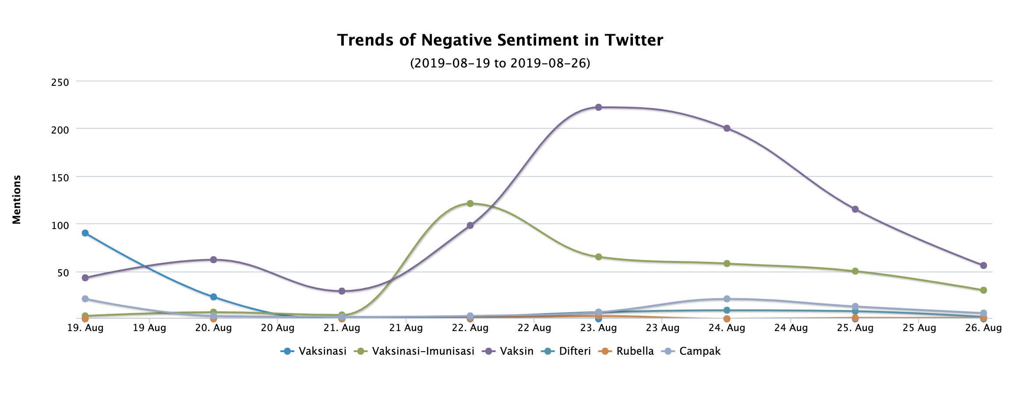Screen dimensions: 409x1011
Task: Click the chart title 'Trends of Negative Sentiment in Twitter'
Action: coord(500,40)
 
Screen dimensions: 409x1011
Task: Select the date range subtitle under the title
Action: coord(500,63)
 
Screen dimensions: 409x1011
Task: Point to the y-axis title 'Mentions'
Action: coord(17,200)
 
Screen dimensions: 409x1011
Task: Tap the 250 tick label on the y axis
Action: coord(60,82)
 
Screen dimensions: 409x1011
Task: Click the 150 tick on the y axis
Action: coord(60,177)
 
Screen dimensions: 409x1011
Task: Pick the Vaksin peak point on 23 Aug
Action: coord(598,107)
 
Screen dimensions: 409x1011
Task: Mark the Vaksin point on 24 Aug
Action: coord(727,128)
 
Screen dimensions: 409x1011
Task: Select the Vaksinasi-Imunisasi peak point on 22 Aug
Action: coord(470,204)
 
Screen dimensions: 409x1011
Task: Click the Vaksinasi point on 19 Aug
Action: coord(85,233)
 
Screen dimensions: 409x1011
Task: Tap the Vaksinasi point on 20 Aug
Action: coord(213,297)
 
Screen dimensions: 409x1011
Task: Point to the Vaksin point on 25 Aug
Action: coord(855,209)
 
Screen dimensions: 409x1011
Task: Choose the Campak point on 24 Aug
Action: coord(727,299)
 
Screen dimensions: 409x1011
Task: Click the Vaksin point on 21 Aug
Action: coord(342,291)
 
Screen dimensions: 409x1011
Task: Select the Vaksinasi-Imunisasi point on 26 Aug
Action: coord(983,290)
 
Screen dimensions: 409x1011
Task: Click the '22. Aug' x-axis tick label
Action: coord(470,328)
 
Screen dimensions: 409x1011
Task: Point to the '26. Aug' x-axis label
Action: coord(984,328)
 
